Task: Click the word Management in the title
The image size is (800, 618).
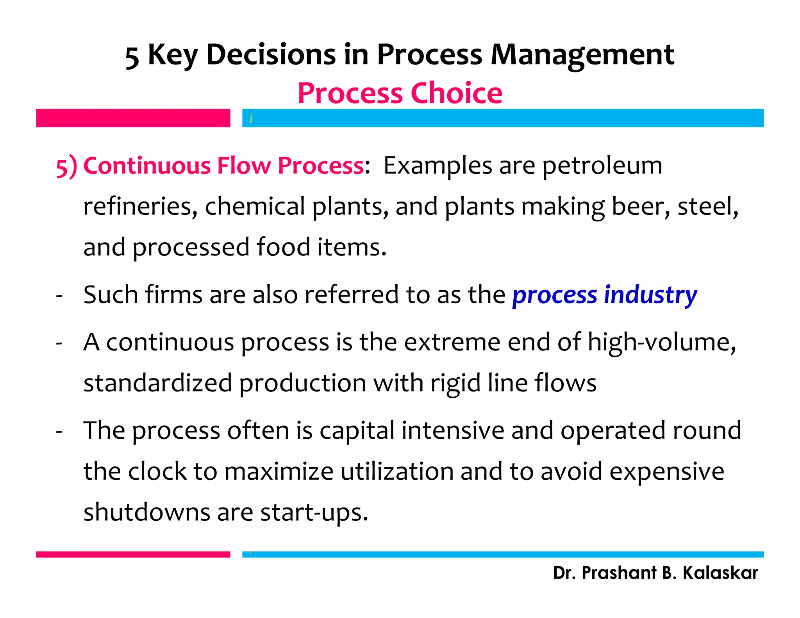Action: pyautogui.click(x=582, y=55)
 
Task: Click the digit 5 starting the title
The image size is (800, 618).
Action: pyautogui.click(x=132, y=57)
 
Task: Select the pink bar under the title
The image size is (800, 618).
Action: pyautogui.click(x=133, y=118)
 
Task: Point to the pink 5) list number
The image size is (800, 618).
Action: pyautogui.click(x=66, y=166)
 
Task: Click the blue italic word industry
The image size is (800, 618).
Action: pyautogui.click(x=650, y=295)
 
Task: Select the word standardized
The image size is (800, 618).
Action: pyautogui.click(x=158, y=383)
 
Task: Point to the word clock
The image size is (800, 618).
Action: pyautogui.click(x=157, y=471)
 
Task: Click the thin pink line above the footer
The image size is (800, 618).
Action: pyautogui.click(x=133, y=554)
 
